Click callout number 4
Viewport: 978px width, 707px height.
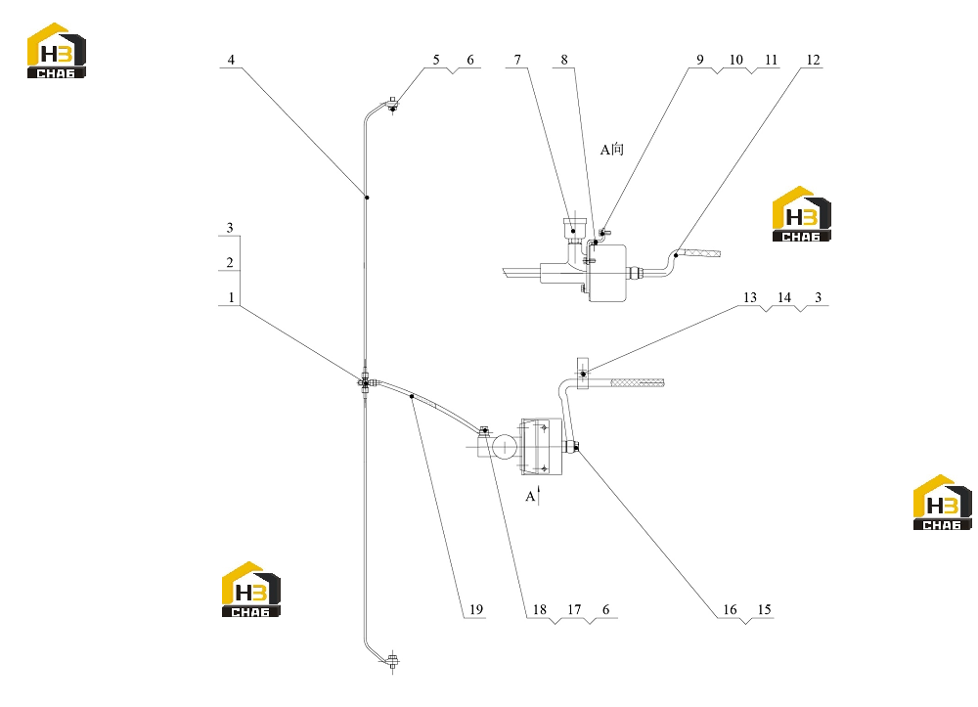pos(231,60)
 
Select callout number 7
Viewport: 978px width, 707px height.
pos(517,60)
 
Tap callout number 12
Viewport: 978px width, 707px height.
pos(813,60)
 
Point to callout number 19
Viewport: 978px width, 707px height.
pos(476,610)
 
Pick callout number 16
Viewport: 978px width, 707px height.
pos(730,610)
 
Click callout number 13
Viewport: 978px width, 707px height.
pos(750,298)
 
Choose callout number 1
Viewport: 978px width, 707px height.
pos(231,297)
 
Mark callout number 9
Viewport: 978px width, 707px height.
pos(700,60)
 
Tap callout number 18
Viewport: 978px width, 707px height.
pos(540,610)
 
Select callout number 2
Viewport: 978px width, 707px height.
pos(230,262)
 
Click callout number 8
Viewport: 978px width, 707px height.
pos(564,60)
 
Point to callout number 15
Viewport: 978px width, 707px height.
pos(764,610)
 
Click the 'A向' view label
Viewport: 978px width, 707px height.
pos(612,150)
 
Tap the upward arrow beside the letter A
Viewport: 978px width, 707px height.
pos(539,495)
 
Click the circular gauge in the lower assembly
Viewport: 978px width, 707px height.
pos(505,446)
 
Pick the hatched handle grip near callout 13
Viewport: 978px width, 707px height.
pos(637,382)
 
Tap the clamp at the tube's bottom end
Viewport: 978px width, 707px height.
pos(392,661)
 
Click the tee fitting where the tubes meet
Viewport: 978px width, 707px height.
pos(366,382)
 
